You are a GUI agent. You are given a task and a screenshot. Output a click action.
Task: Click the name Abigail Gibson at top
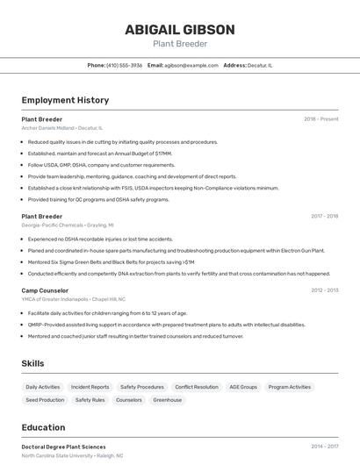179,30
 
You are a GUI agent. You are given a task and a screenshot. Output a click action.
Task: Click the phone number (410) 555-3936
124,65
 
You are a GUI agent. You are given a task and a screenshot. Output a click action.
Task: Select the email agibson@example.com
191,65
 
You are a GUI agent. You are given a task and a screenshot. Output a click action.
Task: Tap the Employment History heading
65,100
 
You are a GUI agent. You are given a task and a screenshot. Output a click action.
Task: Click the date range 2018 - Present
320,119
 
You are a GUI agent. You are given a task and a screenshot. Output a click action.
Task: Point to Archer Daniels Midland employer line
61,128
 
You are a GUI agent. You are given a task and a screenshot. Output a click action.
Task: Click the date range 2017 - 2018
324,216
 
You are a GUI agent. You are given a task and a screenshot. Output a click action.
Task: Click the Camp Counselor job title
45,290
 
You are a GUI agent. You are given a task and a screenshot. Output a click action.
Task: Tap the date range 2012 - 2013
324,290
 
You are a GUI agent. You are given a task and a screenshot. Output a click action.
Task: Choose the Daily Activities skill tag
43,387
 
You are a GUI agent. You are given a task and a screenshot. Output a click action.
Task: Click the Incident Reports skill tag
90,387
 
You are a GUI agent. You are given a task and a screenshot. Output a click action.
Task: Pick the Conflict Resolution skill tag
197,387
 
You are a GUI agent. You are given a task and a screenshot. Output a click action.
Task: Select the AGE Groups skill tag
243,387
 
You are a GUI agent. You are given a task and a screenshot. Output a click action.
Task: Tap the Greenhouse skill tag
168,400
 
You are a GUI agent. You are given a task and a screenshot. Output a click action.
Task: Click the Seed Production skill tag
45,400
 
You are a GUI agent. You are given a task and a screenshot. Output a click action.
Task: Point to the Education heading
43,428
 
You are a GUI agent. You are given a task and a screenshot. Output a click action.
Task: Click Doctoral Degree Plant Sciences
63,447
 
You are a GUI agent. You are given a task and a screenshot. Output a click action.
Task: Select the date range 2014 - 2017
324,447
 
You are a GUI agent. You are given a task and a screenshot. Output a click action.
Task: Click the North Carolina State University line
72,456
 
